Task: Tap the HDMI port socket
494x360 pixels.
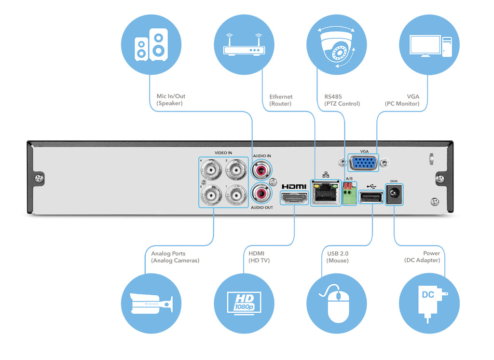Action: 294,198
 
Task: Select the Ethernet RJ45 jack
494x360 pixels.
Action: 326,193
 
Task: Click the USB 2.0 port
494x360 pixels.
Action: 371,197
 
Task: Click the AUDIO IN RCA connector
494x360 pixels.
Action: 261,170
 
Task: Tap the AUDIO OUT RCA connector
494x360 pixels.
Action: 261,193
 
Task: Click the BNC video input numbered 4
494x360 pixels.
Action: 211,170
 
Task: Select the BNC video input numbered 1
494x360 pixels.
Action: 236,195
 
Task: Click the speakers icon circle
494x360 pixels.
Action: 151,44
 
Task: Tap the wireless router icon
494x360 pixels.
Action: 244,44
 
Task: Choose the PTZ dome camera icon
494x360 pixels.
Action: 336,44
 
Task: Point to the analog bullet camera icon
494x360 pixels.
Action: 151,303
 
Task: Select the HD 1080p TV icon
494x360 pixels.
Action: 244,303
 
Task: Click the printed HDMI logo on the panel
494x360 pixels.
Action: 294,187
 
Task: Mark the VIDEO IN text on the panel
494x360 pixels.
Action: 223,153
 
